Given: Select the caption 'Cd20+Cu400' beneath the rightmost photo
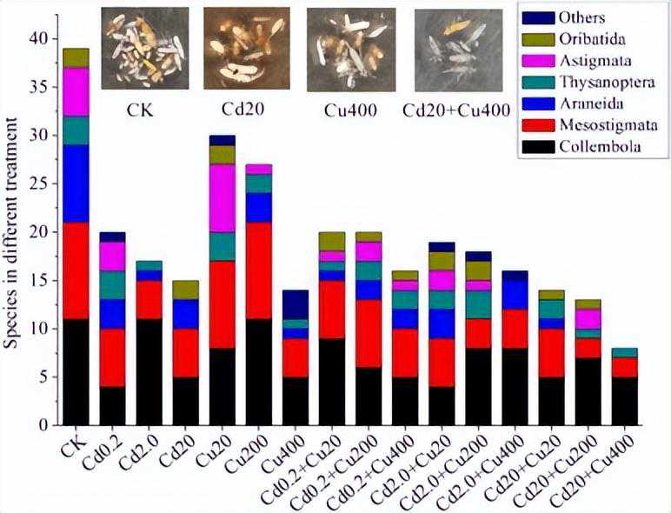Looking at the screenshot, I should coord(456,112).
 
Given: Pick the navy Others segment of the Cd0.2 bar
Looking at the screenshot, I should coord(112,237).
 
